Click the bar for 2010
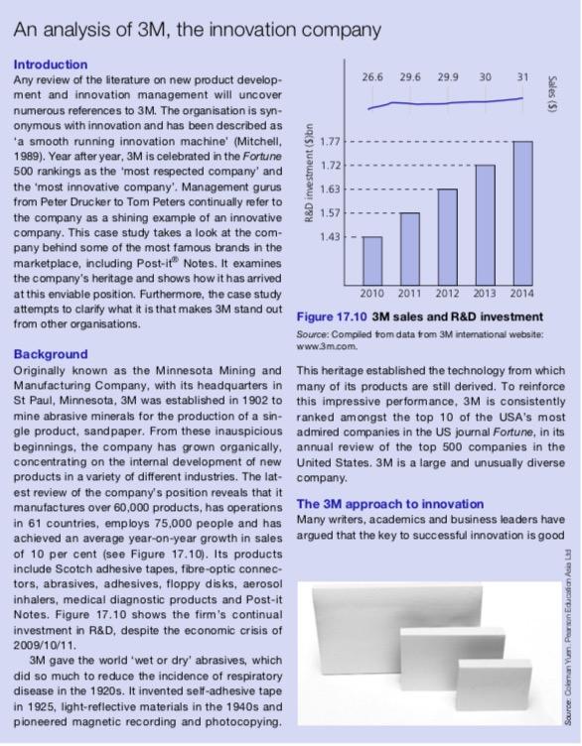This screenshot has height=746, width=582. [x=372, y=260]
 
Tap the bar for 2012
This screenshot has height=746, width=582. [x=447, y=236]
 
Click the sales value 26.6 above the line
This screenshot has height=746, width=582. [x=372, y=76]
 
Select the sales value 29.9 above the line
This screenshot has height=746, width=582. [x=448, y=76]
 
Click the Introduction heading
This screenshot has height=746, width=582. [x=50, y=64]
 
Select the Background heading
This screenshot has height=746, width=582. [x=50, y=354]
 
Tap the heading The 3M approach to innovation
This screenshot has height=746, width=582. [x=376, y=504]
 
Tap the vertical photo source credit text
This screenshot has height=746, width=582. [x=564, y=645]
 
